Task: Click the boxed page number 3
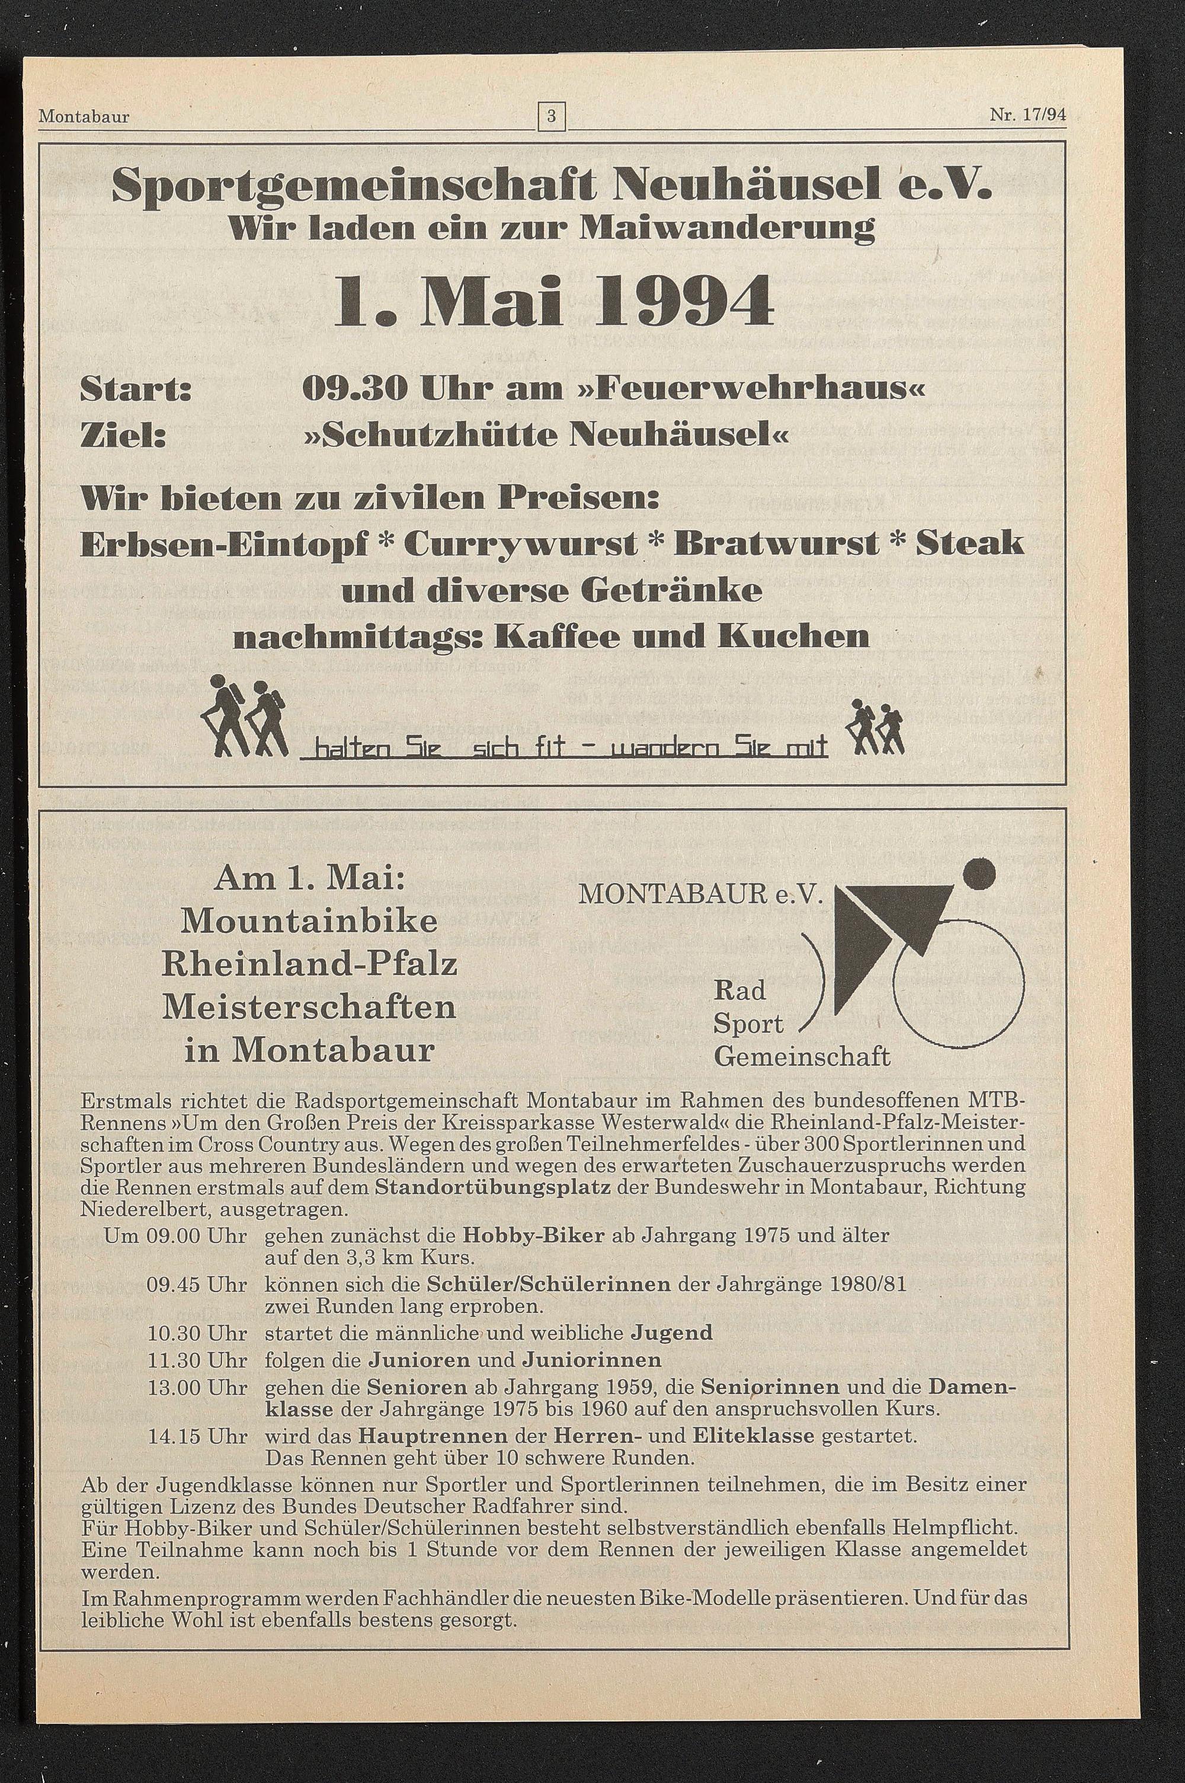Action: [x=552, y=117]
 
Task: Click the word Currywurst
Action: [x=521, y=544]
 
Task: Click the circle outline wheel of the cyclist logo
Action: [x=958, y=987]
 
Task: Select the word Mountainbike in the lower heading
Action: [x=310, y=921]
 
